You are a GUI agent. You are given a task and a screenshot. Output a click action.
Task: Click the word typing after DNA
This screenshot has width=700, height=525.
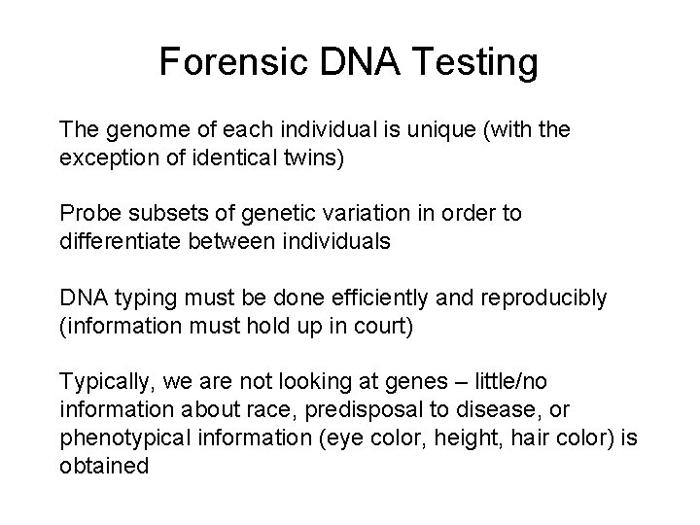coord(132,297)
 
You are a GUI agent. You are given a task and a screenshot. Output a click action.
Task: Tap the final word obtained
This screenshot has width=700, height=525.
coord(104,466)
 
